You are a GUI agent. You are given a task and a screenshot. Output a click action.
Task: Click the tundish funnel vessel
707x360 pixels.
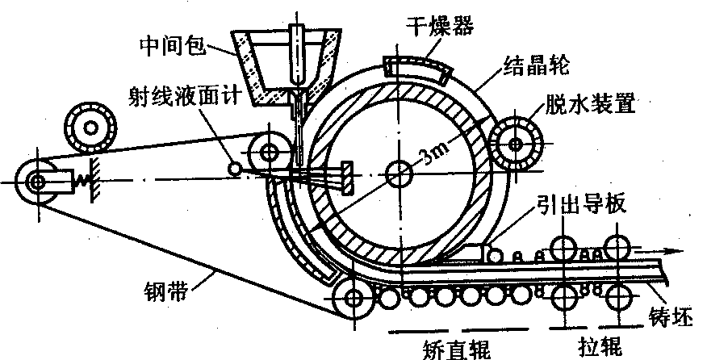[285, 65]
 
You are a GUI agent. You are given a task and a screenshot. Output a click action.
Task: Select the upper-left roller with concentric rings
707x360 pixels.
[89, 125]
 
